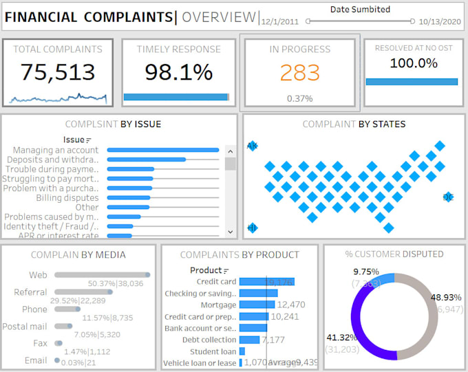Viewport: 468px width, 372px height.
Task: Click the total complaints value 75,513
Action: tap(57, 72)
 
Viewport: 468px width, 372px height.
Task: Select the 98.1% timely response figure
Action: tap(178, 72)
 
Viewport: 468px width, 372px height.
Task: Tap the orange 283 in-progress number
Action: tap(300, 72)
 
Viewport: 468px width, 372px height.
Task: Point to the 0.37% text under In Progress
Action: tap(299, 98)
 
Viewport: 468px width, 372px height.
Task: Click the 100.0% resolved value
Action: tap(414, 63)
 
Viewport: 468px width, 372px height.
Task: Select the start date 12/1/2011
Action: tap(281, 21)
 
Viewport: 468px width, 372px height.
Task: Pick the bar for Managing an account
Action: tap(163, 150)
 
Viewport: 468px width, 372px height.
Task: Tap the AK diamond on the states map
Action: tap(252, 146)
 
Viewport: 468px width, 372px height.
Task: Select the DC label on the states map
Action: tap(449, 197)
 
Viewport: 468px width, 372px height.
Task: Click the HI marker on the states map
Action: tap(252, 228)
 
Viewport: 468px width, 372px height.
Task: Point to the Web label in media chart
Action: tap(38, 275)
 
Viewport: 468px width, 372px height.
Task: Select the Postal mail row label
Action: tap(24, 327)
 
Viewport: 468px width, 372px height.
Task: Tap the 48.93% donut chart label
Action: tap(445, 297)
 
